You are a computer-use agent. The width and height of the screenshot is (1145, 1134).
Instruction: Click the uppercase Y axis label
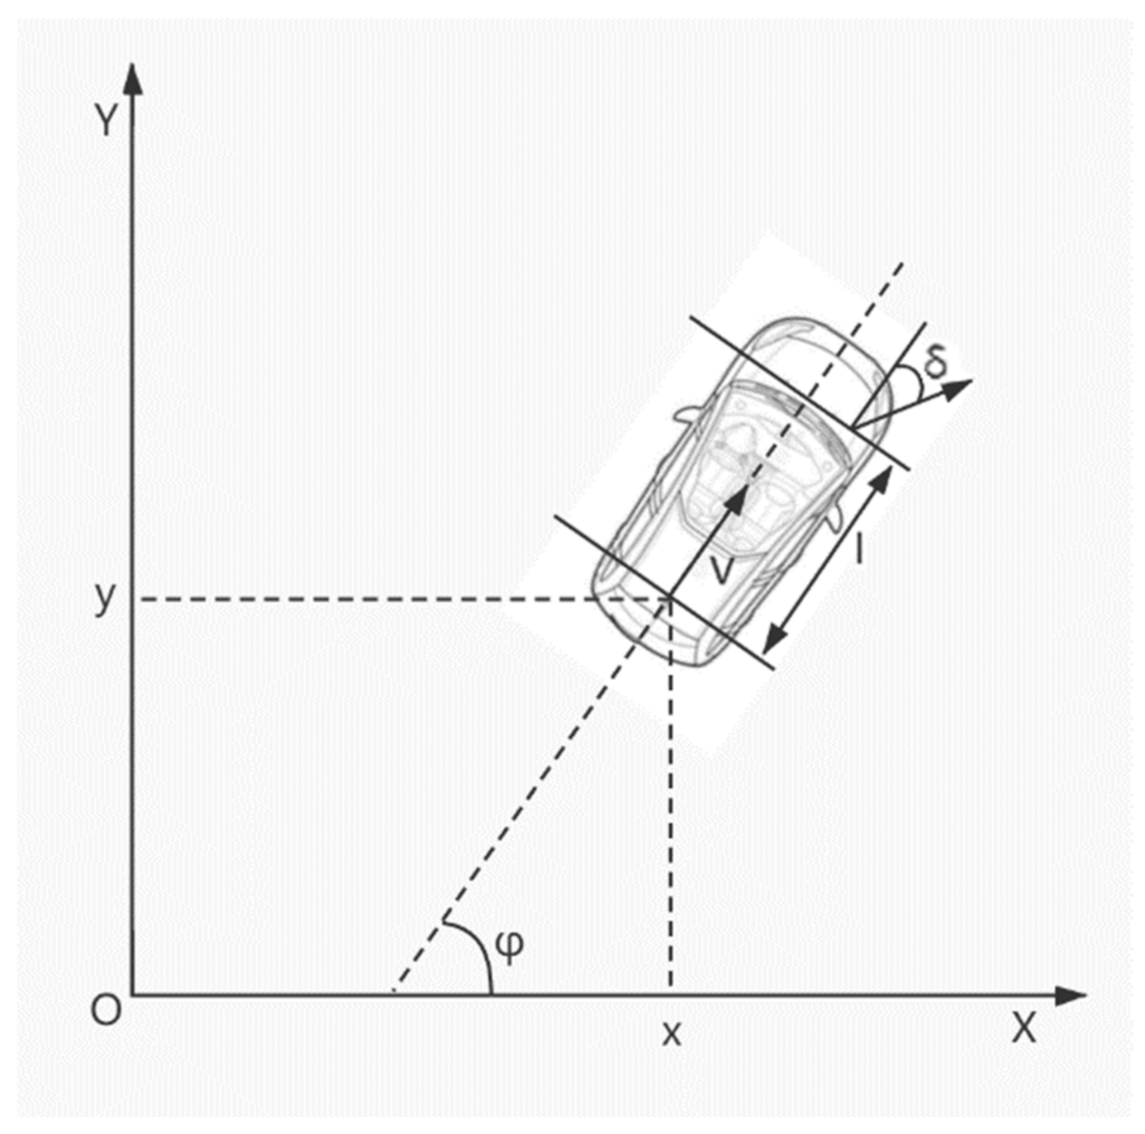coord(107,121)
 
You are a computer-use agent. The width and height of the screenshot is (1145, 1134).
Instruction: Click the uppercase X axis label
coord(1024,1029)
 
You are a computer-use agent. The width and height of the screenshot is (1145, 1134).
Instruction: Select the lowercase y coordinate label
coord(105,595)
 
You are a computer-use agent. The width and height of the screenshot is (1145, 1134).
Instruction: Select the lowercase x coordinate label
coord(672,1033)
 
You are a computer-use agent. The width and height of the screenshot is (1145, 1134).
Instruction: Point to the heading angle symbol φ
coord(511,947)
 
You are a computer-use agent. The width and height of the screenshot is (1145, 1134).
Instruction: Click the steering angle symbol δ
coord(934,361)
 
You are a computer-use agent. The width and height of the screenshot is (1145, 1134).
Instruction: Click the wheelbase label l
coord(859,549)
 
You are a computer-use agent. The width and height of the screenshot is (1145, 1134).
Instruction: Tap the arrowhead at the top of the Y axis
coord(132,78)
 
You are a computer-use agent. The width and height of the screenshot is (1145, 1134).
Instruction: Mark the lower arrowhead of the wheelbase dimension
coord(773,639)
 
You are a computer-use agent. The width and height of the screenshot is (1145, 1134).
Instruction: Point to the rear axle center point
coord(670,597)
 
